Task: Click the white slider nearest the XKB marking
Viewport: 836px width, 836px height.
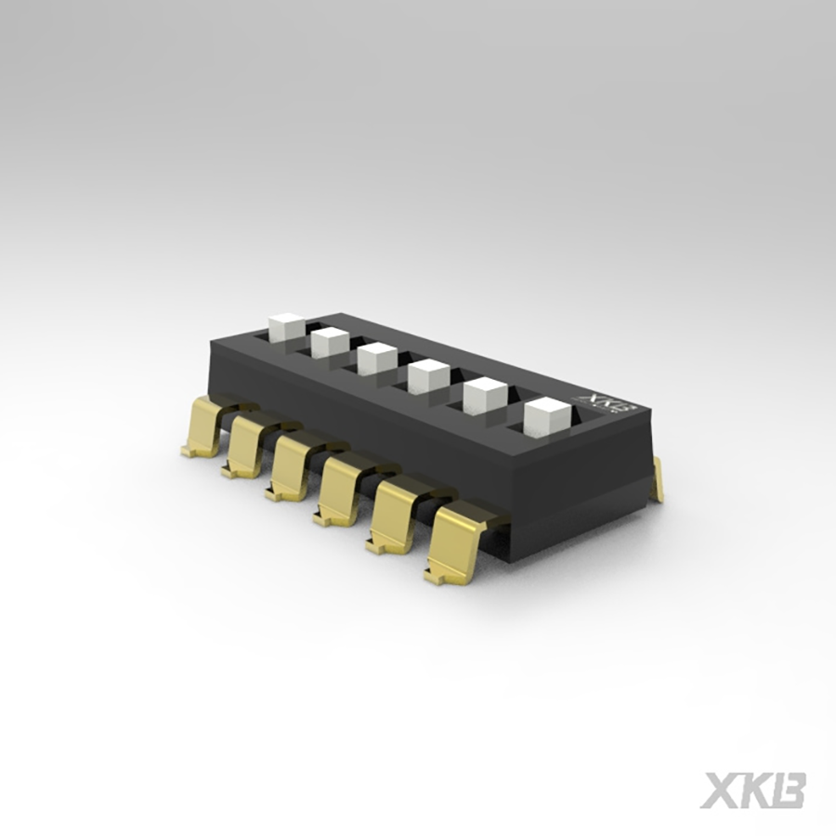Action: point(545,417)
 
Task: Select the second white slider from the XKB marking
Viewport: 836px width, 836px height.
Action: point(484,397)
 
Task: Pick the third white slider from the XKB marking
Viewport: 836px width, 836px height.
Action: point(428,375)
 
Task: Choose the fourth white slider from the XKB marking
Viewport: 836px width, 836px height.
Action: point(377,358)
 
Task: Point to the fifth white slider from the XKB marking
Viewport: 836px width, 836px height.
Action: point(330,342)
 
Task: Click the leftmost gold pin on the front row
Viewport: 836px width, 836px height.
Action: point(203,425)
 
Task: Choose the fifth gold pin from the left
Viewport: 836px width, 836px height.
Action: point(391,521)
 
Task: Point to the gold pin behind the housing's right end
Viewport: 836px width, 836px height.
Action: point(658,478)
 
